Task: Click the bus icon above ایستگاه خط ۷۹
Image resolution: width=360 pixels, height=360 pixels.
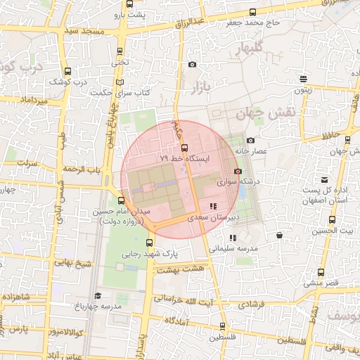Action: (x=184, y=148)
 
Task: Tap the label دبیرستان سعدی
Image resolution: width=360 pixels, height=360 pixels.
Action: (x=214, y=218)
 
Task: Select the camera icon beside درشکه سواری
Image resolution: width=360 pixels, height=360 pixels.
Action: (x=238, y=172)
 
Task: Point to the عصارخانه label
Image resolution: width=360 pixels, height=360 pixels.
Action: (x=270, y=151)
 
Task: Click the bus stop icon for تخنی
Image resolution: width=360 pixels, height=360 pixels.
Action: (x=120, y=51)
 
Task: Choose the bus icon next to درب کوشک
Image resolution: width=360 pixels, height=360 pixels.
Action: (x=67, y=71)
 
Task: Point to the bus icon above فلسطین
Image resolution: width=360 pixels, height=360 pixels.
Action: (x=223, y=326)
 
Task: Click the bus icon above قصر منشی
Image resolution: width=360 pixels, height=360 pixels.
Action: (x=321, y=273)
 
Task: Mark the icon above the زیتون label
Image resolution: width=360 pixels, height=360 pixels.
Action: (x=302, y=79)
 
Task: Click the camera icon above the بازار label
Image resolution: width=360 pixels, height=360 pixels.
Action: (x=193, y=65)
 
